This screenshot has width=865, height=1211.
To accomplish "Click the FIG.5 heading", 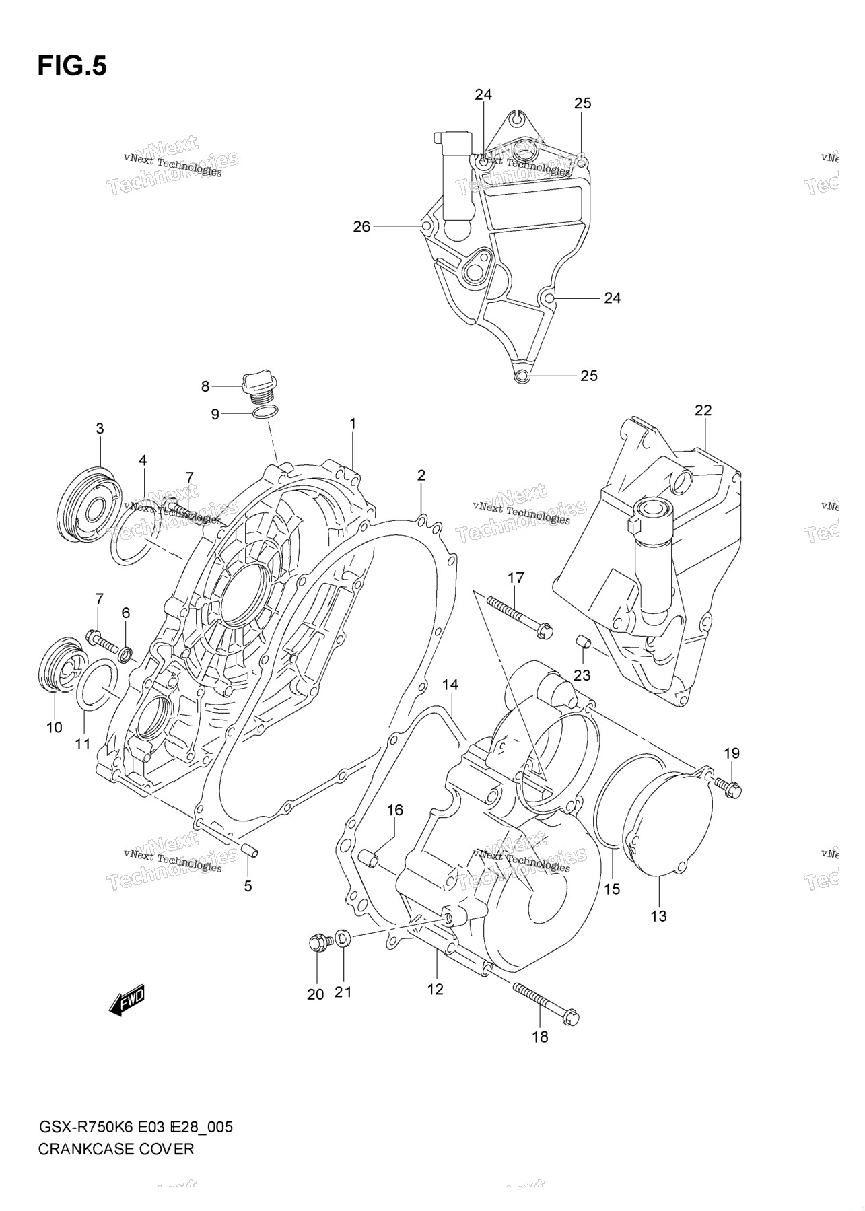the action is click(x=72, y=66).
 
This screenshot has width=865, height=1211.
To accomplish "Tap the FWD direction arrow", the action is click(x=127, y=1002).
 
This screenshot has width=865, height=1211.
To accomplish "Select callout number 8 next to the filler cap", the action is click(x=205, y=386).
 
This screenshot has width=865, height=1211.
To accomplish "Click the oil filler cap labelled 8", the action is click(x=260, y=386).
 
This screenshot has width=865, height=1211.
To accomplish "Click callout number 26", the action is click(x=362, y=227).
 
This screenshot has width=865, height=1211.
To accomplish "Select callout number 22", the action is click(x=703, y=410).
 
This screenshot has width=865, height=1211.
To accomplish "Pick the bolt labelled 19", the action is click(x=728, y=786).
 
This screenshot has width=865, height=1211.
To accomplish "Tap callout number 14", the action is click(x=450, y=685).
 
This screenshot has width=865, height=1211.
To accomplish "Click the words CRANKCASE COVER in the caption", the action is click(x=116, y=1148).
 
